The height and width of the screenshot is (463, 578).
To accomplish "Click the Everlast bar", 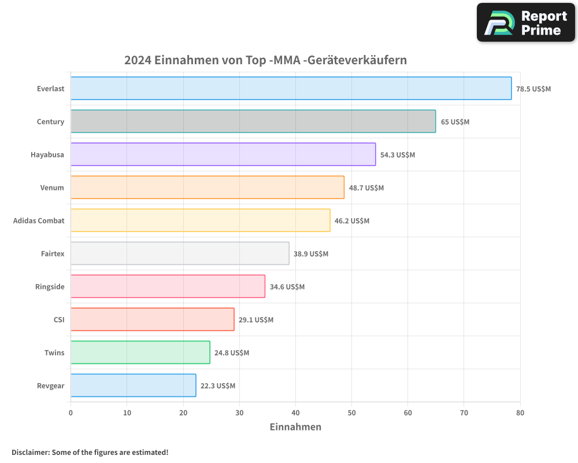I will click(291, 89).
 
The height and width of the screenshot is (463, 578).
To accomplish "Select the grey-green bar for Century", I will click(253, 122).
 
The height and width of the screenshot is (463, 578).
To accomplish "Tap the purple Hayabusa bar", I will click(223, 155).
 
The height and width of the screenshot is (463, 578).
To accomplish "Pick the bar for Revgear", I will click(134, 385).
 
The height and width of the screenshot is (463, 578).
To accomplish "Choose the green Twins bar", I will click(140, 352).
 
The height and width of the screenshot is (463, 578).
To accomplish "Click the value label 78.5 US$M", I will click(533, 89).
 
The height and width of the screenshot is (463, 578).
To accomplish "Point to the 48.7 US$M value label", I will click(366, 188).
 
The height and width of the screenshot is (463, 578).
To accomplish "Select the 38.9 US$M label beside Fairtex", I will click(311, 254).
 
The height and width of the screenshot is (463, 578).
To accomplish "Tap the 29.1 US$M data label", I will click(256, 320).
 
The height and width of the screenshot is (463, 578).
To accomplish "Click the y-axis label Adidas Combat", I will click(39, 221).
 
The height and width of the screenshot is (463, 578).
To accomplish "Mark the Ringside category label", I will click(50, 286).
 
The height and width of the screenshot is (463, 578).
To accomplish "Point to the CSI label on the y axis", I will click(58, 319).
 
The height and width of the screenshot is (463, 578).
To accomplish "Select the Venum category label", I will click(52, 188).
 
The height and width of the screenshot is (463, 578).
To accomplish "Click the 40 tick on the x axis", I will click(295, 413).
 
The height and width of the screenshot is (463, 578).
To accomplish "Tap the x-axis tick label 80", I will click(520, 413).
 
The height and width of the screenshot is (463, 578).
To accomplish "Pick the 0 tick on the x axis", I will click(71, 413).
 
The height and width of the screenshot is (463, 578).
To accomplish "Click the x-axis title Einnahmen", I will click(295, 427).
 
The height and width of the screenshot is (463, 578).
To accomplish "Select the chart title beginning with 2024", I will click(266, 60).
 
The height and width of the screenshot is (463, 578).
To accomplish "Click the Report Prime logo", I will click(526, 23).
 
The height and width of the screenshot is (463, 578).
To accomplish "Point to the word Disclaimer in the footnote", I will click(29, 452).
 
